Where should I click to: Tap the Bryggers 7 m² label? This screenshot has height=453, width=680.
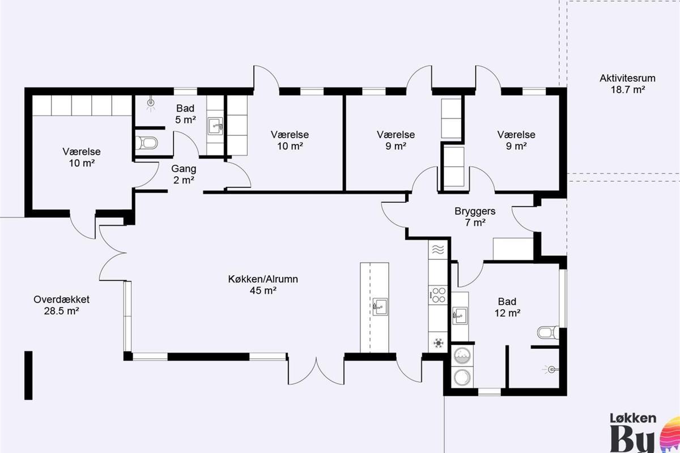[x=475, y=217]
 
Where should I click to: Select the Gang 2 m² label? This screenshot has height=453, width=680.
[x=184, y=174]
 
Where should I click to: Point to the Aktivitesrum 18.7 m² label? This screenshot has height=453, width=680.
[x=627, y=84]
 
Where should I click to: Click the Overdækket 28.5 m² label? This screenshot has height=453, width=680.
[x=61, y=305]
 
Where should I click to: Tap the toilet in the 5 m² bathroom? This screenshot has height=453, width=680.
[x=146, y=143]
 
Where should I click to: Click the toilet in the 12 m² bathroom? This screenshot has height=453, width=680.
[x=549, y=332]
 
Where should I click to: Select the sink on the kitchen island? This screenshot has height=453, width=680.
[x=380, y=307]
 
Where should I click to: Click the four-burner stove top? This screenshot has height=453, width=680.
[x=437, y=294]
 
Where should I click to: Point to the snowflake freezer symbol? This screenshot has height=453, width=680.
[x=438, y=343]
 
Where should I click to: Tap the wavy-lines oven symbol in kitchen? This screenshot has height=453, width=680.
[x=438, y=249]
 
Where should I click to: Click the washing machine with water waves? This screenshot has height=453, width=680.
[x=462, y=355]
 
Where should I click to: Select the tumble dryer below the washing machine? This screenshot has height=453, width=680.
[x=462, y=377]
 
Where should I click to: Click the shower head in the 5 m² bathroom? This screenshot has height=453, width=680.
[x=151, y=104]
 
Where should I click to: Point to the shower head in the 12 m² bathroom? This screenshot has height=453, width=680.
[x=551, y=370]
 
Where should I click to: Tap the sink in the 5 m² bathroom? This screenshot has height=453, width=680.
[x=215, y=126]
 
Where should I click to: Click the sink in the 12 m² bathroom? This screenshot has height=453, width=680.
[x=460, y=315]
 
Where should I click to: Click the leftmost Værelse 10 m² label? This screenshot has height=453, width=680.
[x=82, y=157]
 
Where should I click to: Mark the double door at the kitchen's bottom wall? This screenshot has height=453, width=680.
[x=316, y=371]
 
